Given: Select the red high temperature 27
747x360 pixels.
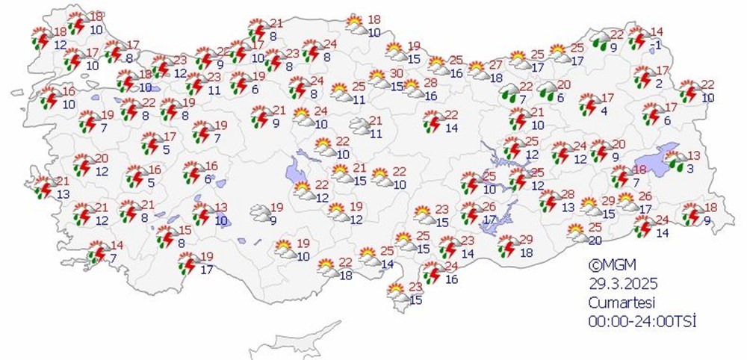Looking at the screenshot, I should (x=496, y=65).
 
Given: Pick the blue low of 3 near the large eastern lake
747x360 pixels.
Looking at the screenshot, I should (x=691, y=169).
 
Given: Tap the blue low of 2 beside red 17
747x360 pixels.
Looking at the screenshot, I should (x=660, y=84).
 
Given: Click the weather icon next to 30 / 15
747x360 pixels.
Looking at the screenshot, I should (x=379, y=78).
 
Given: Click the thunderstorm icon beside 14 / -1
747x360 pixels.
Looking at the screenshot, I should (x=637, y=38).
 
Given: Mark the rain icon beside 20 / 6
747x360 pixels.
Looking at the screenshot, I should (x=547, y=91).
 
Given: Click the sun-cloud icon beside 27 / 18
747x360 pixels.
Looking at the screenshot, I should (x=477, y=71).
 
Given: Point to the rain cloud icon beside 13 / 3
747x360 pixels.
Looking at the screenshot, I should (x=675, y=161).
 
